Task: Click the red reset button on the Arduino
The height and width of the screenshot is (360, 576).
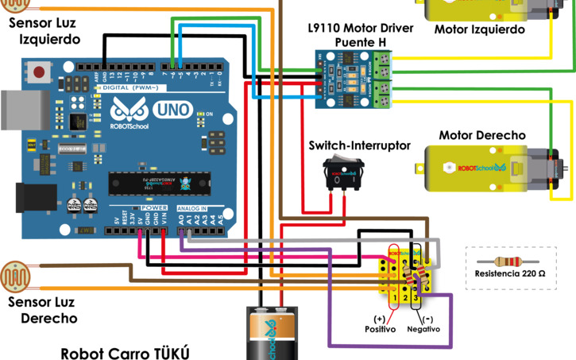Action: click(x=39, y=72)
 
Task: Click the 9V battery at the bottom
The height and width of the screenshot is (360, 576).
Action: click(x=269, y=334)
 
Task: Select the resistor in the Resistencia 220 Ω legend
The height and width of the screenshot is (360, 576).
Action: click(x=510, y=261)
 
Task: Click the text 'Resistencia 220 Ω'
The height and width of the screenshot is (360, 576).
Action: click(x=510, y=273)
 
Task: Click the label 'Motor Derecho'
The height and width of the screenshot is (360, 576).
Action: click(x=481, y=135)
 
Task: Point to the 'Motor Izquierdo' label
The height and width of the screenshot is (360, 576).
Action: click(x=480, y=29)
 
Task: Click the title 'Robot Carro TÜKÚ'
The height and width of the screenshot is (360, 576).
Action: click(x=126, y=353)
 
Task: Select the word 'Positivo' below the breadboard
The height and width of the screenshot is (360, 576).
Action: click(x=380, y=329)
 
